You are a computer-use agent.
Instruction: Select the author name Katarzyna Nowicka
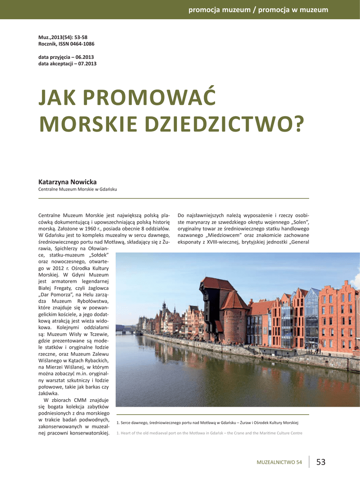[67, 182]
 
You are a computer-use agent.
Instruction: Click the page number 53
[321, 462]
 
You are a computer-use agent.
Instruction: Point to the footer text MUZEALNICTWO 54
[279, 463]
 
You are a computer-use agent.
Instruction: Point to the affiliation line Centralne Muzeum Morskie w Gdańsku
[78, 189]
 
